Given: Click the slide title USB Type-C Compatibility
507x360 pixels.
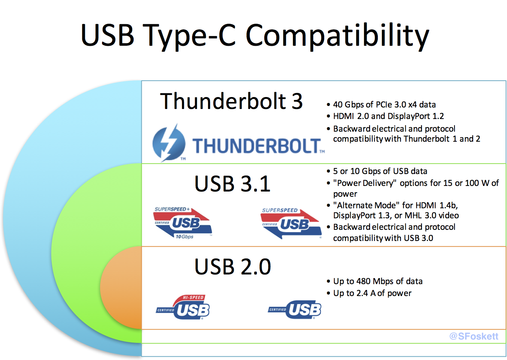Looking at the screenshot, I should pos(255,35).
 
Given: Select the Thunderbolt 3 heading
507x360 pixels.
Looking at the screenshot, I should pos(231,101).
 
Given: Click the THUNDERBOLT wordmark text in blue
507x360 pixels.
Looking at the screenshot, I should pos(257,146).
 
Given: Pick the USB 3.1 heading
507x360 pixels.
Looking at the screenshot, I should pos(232,184).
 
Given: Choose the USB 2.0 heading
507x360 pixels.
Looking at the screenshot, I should pos(233,267).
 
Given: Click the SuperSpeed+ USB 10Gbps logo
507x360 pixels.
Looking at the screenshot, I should pos(182,223).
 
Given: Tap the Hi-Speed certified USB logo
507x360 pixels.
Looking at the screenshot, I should pos(184,308).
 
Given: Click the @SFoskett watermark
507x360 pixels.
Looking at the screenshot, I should pos(473,336).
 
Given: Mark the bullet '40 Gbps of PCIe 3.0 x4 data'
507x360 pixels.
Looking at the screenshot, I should pos(384,105).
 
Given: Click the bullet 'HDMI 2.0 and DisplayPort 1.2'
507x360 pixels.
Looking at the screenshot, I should pos(388,116).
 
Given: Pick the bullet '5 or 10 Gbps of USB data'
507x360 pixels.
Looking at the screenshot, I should pos(380,171).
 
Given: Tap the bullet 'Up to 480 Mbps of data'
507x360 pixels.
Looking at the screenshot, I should pos(378,281).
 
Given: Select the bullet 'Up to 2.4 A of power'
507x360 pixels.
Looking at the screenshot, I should pos(372,293).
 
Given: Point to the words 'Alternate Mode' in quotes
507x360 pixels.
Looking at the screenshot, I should pos(366,205).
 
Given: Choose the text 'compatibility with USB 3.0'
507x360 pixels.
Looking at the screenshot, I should pos(383,238).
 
